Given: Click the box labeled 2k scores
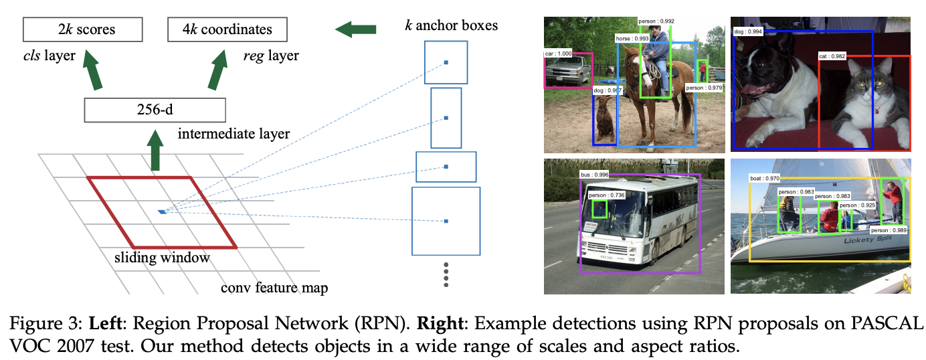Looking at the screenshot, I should coord(83,29).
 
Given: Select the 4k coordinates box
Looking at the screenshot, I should coord(227,29).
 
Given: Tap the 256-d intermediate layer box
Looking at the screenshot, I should coord(155,110).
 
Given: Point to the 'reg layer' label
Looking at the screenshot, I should coord(270,56).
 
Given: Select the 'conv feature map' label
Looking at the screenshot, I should coord(274,288).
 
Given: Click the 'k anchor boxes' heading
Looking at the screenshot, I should coord(451,27).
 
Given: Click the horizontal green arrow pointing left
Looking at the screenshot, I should coord(355,29).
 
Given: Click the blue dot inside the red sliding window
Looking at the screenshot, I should coord(162,211).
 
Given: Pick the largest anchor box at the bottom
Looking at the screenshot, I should coord(446,221).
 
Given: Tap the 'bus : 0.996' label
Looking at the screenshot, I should coord(595,175).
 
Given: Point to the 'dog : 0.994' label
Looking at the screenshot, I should coord(749,31).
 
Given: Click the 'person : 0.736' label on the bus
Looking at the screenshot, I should coord(606,195).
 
